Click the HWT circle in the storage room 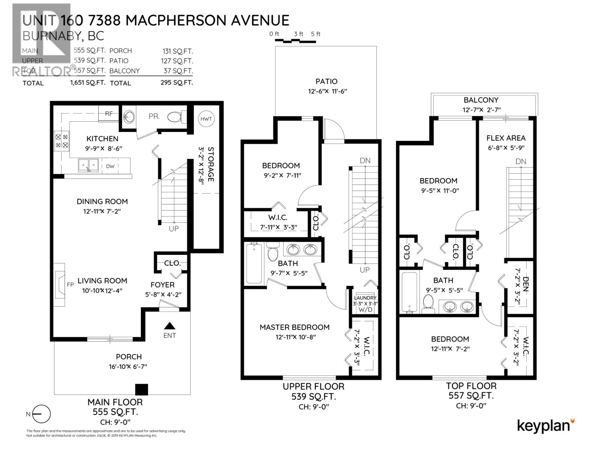[206, 119]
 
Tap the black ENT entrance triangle [170, 326]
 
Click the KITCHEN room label [102, 139]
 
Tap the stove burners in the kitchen [62, 141]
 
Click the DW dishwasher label [110, 166]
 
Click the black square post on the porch [142, 389]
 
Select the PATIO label [326, 81]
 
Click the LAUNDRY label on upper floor [365, 298]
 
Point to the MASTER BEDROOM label [294, 327]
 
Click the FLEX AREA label [506, 138]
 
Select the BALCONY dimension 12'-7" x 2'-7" [481, 110]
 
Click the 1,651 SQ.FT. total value [88, 83]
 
